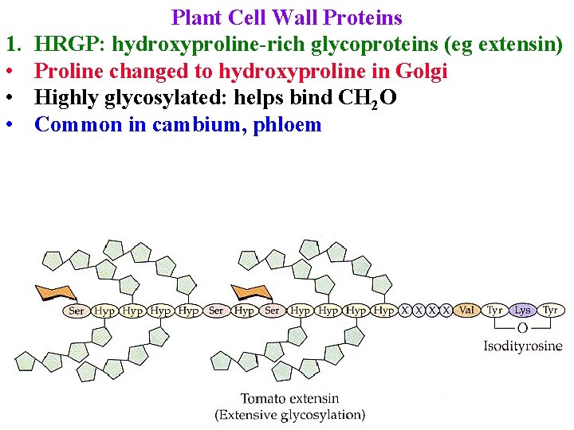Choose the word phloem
click(x=287, y=124)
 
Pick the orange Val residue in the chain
click(x=467, y=310)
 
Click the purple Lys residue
click(x=522, y=310)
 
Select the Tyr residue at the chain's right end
click(x=550, y=310)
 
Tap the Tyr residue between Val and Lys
click(x=495, y=310)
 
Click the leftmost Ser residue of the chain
click(x=77, y=311)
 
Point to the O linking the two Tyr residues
click(x=522, y=327)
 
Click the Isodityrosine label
click(x=522, y=346)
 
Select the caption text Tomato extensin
click(x=289, y=398)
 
